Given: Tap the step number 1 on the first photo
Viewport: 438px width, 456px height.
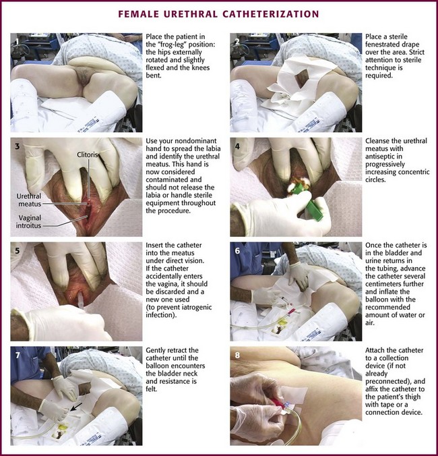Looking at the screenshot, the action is tap(18, 42).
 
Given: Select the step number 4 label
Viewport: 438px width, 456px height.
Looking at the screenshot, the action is tap(237, 146).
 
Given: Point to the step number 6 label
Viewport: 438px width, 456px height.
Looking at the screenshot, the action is tap(237, 250).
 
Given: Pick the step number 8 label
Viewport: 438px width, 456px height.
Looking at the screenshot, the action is tap(237, 355).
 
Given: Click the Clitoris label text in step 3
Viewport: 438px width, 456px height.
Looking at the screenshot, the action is tap(87, 154).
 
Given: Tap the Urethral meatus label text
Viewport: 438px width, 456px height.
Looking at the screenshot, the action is tap(29, 200).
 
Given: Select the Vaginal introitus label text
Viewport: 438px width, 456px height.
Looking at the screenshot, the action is tap(28, 222).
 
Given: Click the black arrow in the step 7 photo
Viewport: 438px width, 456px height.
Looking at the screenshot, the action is tap(76, 407).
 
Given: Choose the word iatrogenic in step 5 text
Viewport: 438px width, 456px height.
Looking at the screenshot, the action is tap(196, 307).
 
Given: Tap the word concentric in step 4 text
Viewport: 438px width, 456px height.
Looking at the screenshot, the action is tap(413, 172).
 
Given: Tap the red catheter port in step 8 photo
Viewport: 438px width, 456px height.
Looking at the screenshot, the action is tap(276, 403).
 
